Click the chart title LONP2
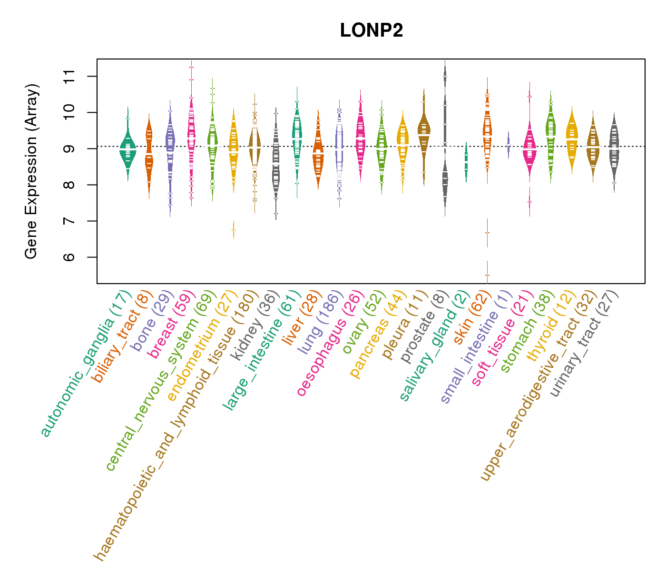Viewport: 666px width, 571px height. tap(372, 31)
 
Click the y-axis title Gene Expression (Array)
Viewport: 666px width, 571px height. tap(31, 171)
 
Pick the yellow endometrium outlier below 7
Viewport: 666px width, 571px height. tap(233, 230)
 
